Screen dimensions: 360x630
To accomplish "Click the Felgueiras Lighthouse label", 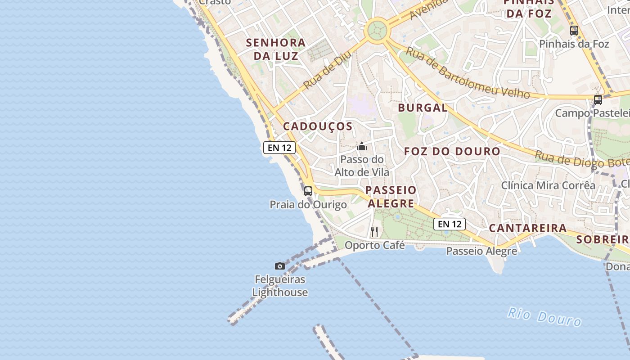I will (280, 286).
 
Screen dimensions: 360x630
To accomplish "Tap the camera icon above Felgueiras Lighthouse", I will (280, 266).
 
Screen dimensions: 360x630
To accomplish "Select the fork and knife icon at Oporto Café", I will (374, 232).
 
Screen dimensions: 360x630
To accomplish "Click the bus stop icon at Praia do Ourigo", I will (308, 191).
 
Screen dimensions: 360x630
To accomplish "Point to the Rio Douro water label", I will (544, 316).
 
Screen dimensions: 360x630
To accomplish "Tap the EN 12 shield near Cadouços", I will (279, 148).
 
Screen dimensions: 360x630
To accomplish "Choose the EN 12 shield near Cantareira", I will (450, 224).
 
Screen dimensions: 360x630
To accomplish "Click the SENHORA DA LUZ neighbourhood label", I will (276, 49).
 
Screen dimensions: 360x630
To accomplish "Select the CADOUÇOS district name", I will (318, 126).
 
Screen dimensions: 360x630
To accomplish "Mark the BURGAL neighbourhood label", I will (423, 108).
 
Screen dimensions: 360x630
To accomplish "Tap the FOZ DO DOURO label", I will (452, 151).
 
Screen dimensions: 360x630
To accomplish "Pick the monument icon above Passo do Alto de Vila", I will (362, 146).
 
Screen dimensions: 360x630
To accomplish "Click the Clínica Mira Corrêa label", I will (548, 185).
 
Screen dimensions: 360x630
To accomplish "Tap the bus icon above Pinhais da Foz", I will (574, 31).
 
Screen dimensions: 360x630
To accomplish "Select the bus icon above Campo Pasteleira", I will (598, 100).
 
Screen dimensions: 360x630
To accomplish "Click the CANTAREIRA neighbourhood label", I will (528, 228).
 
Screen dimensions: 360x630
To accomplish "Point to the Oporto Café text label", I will (375, 245).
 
